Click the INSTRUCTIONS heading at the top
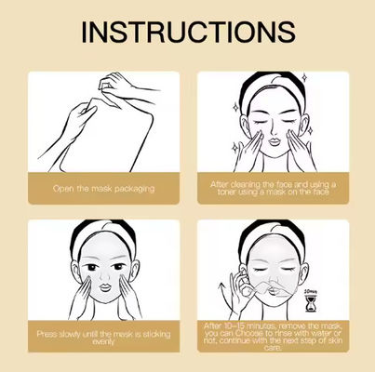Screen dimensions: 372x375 [x=187, y=31]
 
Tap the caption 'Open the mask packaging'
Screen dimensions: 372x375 [x=103, y=189]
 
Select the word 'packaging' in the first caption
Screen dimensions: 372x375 [x=134, y=190]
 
